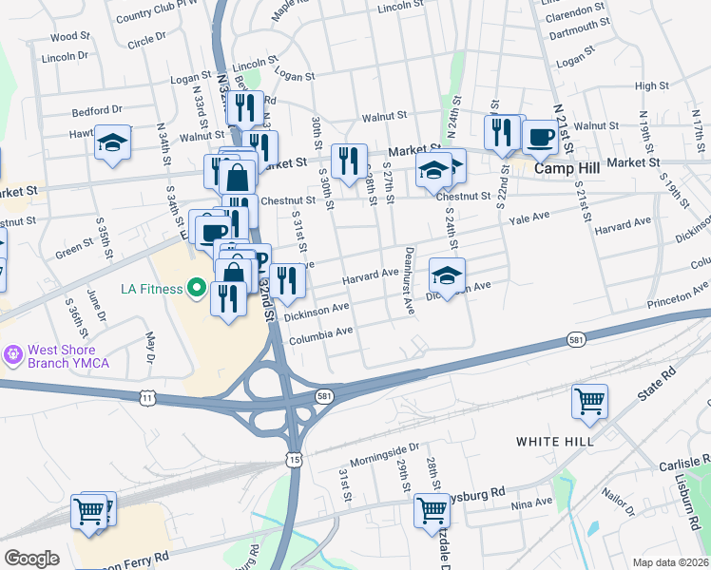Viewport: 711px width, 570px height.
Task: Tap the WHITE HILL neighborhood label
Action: click(x=554, y=442)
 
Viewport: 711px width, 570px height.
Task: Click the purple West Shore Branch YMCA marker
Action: click(x=12, y=355)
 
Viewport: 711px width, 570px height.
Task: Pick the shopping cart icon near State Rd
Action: click(x=589, y=401)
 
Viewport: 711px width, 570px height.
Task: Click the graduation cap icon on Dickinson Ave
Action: click(x=447, y=275)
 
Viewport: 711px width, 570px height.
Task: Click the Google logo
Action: click(x=31, y=559)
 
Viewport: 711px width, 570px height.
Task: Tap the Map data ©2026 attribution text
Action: click(x=670, y=562)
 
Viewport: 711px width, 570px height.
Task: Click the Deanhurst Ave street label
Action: click(x=409, y=281)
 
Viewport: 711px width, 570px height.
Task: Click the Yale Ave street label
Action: click(x=530, y=218)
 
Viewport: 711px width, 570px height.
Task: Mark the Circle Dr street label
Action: click(x=146, y=41)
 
